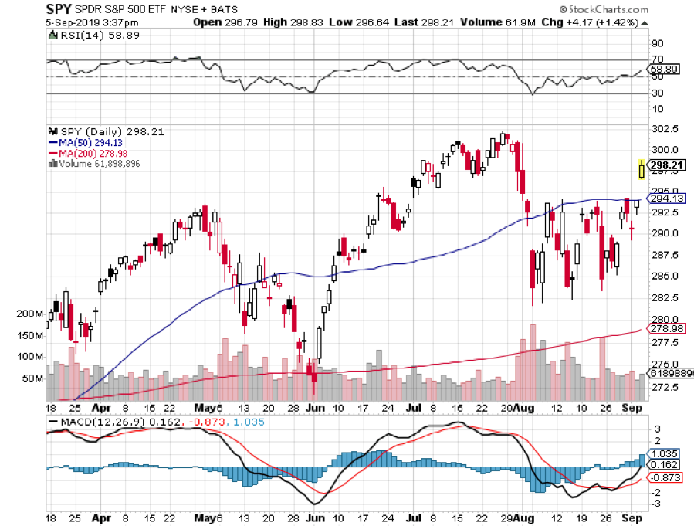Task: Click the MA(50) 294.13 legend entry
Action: click(87, 142)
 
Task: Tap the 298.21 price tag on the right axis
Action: click(665, 165)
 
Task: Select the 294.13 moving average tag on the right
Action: click(665, 199)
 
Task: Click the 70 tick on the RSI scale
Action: click(658, 59)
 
